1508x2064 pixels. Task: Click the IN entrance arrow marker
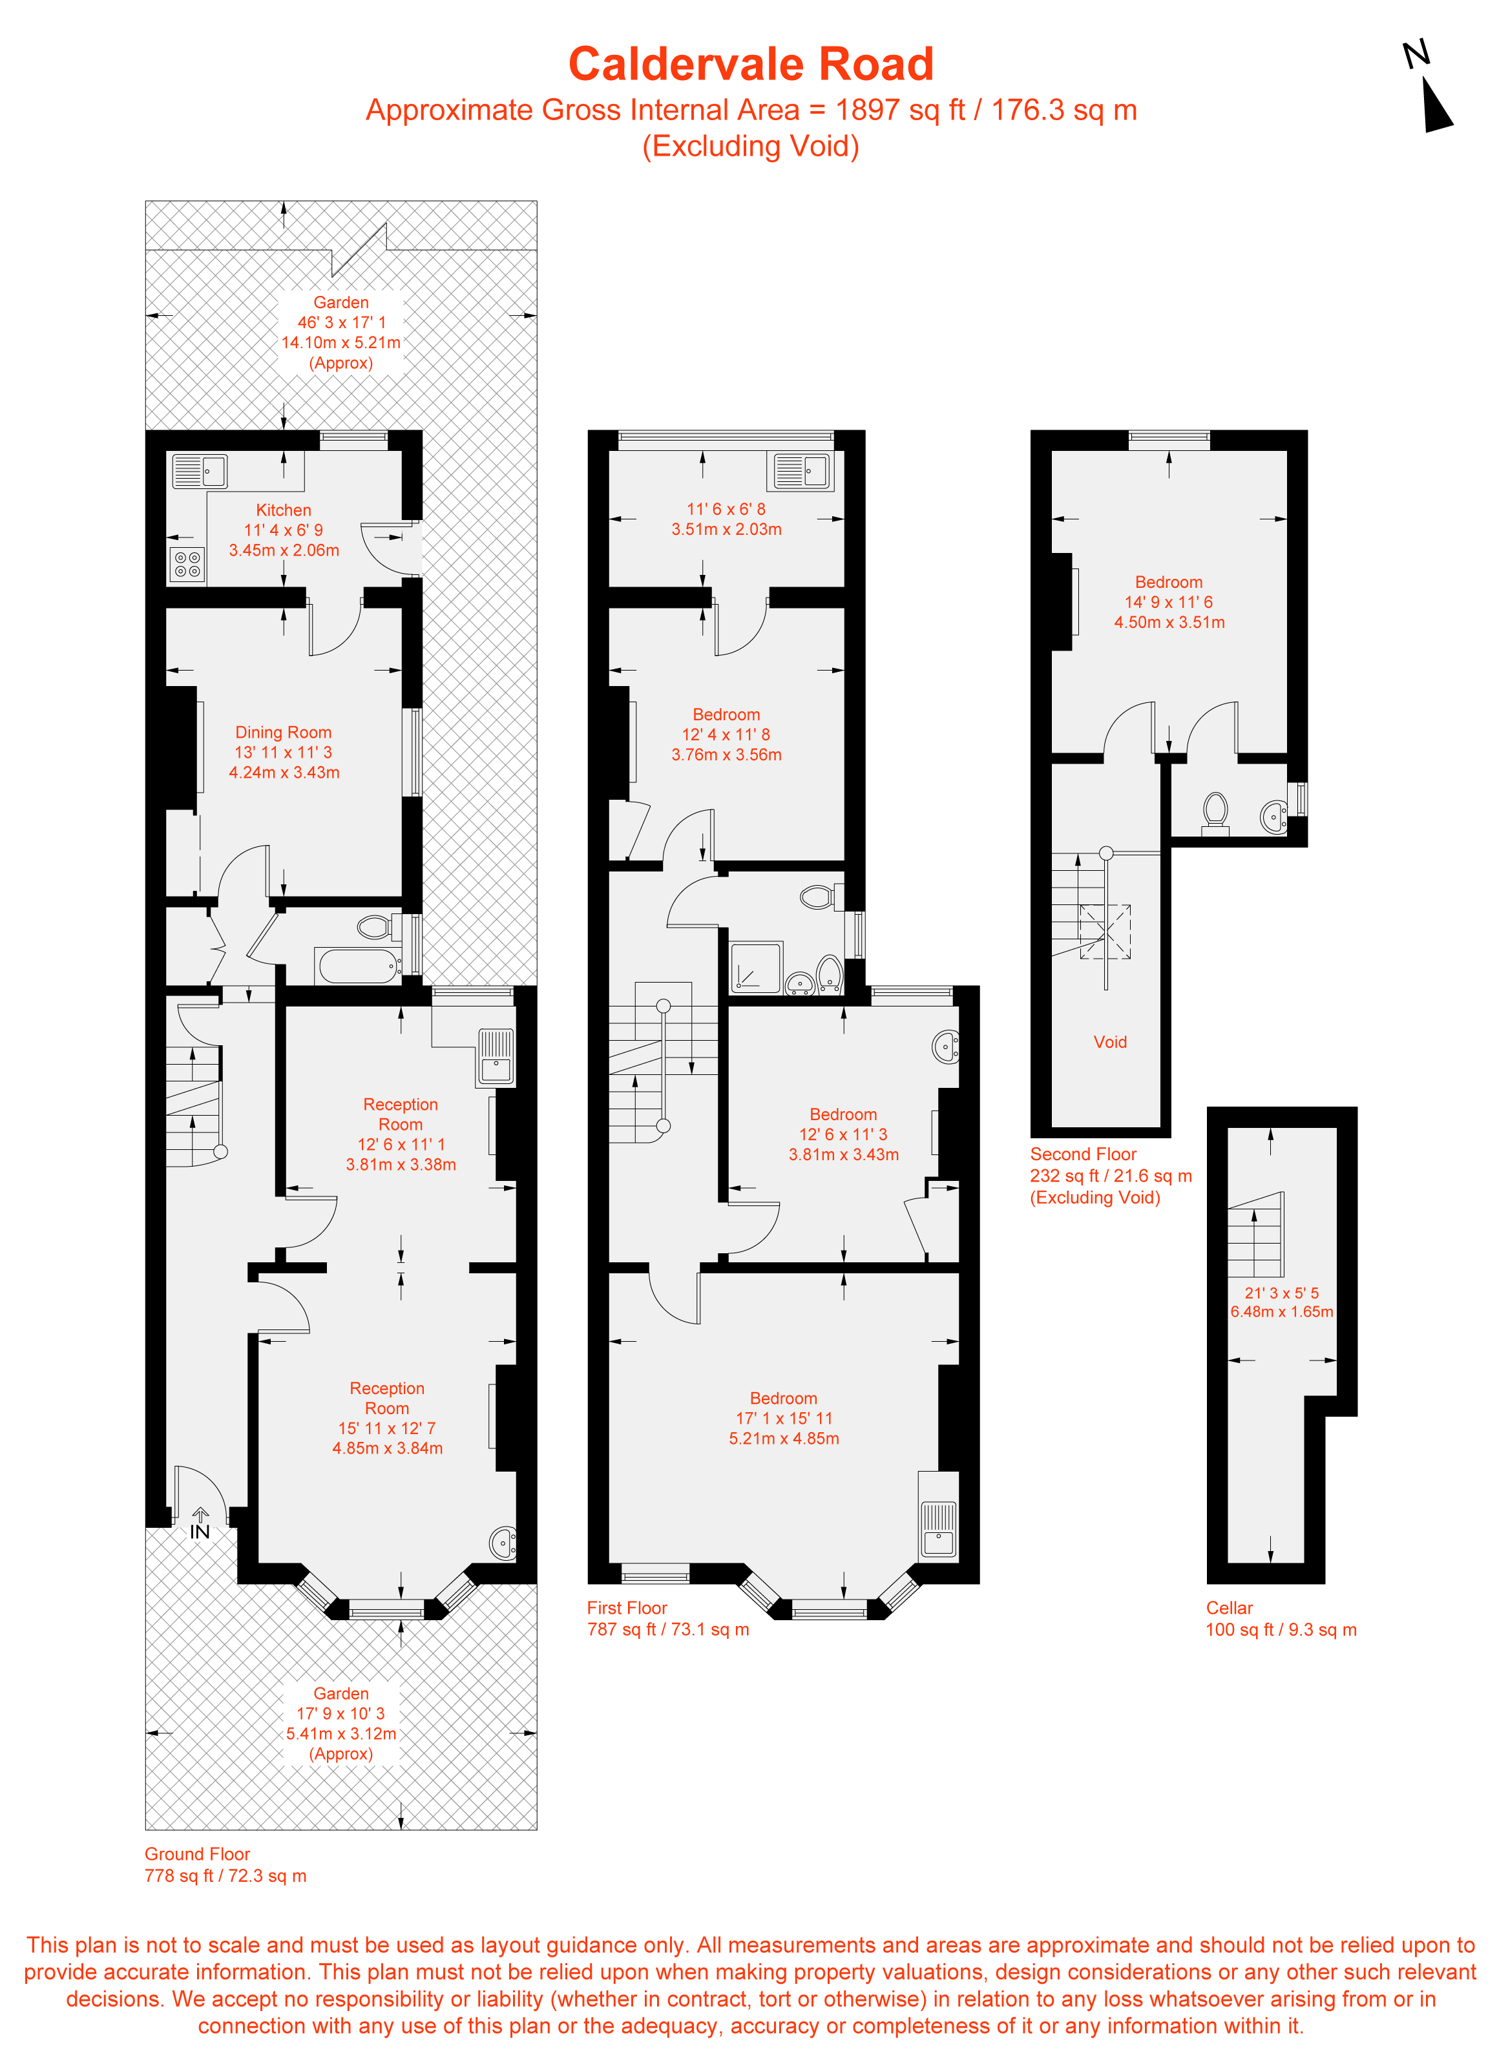click(x=200, y=1525)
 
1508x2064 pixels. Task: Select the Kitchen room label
click(x=283, y=510)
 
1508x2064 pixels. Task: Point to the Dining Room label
click(x=283, y=732)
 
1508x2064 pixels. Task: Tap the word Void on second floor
click(x=1110, y=1042)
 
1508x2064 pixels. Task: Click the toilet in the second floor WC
click(x=1215, y=811)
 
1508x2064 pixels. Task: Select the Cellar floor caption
click(x=1229, y=1608)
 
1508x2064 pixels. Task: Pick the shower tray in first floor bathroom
click(x=756, y=967)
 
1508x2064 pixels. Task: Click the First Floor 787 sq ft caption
click(x=667, y=1619)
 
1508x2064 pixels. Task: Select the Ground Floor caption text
click(x=197, y=1854)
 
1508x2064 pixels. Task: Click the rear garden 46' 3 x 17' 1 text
click(x=340, y=322)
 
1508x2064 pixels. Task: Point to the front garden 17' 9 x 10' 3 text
click(x=340, y=1714)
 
